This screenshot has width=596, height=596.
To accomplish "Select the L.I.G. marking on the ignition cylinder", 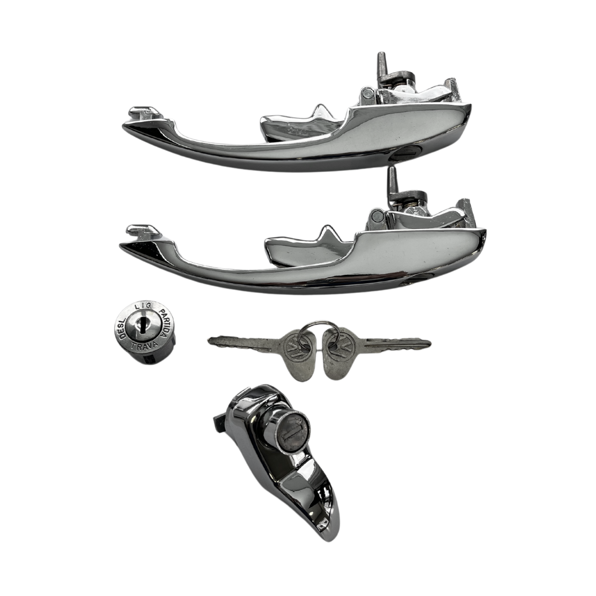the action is pyautogui.click(x=143, y=306).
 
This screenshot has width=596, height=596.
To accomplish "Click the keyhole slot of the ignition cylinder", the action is pyautogui.click(x=141, y=325).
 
